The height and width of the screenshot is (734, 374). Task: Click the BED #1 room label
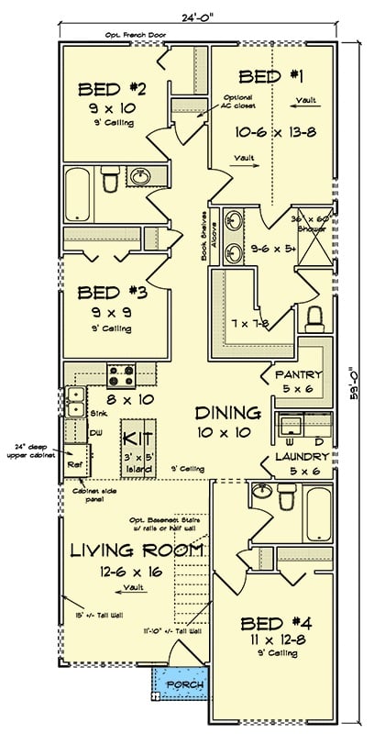269,76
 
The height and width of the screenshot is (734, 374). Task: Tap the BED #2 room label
109,89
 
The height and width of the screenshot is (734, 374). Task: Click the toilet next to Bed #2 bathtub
110,183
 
